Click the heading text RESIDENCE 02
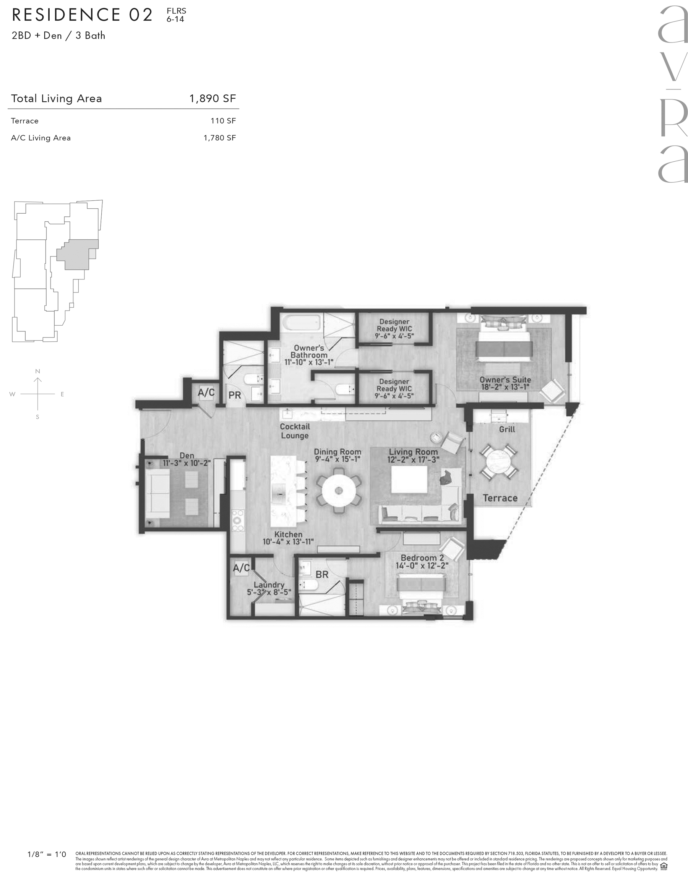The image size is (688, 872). tap(82, 15)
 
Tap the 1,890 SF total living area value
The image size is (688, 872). tap(213, 99)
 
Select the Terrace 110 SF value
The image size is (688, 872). tap(223, 121)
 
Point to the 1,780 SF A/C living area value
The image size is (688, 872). tap(219, 138)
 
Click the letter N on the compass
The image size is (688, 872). tap(37, 371)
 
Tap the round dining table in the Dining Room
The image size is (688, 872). tap(339, 490)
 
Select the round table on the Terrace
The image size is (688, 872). tap(499, 462)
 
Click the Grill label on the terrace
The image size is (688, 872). tap(507, 429)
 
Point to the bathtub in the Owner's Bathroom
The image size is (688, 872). tap(301, 323)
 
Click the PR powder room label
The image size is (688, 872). tap(235, 395)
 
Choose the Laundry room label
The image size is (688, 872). tap(269, 585)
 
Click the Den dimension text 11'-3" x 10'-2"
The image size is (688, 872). tap(187, 463)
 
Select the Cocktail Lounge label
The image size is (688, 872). tap(294, 431)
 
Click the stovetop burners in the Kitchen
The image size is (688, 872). tap(238, 520)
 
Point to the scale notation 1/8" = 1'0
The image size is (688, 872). tap(47, 854)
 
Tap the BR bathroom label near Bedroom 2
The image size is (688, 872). tap(322, 575)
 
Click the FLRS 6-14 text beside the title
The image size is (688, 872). tap(177, 15)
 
